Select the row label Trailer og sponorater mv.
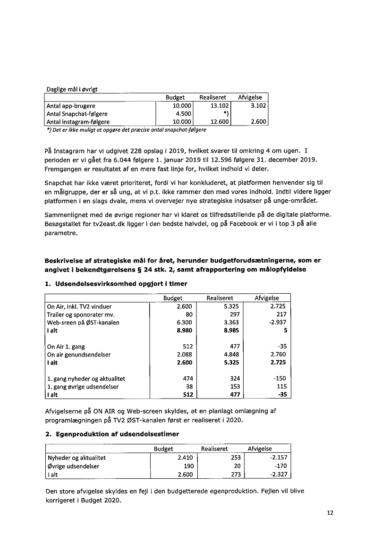point(81,314)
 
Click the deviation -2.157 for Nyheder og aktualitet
point(278,458)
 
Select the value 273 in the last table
point(235,474)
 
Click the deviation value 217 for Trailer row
point(281,314)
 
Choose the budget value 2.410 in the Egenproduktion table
point(184,458)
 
